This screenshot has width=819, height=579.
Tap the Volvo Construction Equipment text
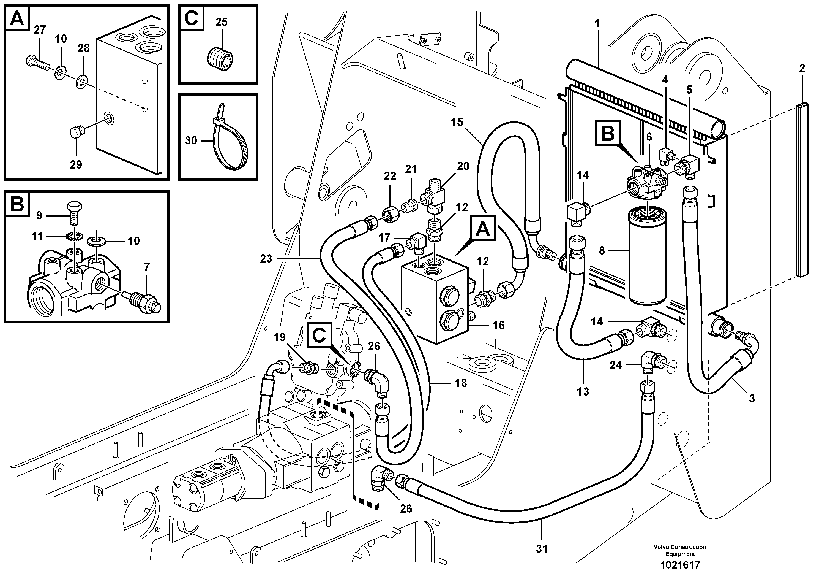click(680, 550)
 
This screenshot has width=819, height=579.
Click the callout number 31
click(542, 549)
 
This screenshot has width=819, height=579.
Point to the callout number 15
click(457, 122)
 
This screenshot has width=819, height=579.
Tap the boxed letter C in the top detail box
click(192, 18)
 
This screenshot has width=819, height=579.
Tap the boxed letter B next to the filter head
click(608, 134)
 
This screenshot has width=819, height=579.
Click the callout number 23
click(266, 258)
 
